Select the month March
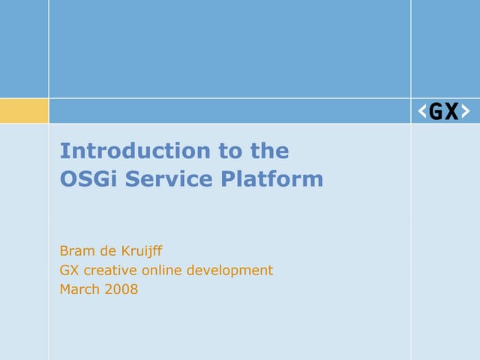pos(79,289)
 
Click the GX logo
pos(444,111)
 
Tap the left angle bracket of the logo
pos(422,112)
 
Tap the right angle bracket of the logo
pos(466,112)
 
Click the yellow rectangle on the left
pos(24,111)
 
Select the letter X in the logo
pos(451,112)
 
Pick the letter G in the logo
pos(436,112)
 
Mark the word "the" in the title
pos(269,151)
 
